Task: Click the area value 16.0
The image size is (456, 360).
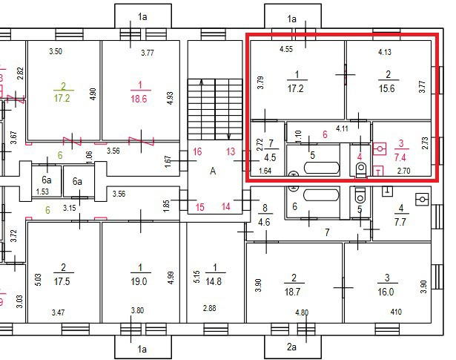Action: click(387, 292)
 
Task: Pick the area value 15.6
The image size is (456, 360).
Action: click(387, 88)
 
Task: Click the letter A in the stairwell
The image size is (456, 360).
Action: click(213, 171)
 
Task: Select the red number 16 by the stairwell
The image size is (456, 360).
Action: click(197, 151)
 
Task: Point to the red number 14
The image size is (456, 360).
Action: click(225, 206)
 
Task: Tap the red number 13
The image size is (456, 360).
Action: click(231, 151)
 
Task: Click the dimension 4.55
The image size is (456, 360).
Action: click(286, 50)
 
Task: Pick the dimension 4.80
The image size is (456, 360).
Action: click(302, 312)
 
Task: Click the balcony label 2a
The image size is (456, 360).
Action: click(291, 346)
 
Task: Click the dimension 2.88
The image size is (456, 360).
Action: click(209, 307)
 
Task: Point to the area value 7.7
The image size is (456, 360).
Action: click(402, 221)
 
